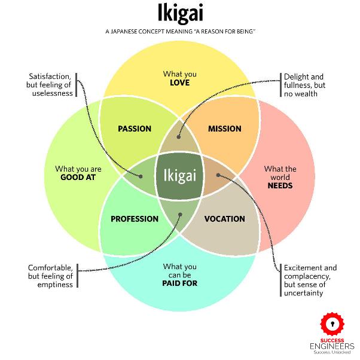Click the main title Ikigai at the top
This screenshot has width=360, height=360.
click(x=179, y=13)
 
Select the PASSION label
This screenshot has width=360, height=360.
click(x=135, y=129)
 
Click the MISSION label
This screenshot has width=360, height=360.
click(x=224, y=129)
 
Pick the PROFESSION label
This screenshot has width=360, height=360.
click(x=135, y=219)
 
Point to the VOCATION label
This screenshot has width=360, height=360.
click(x=224, y=219)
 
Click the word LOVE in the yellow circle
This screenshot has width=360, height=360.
click(x=179, y=83)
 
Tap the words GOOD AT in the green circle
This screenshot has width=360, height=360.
click(x=78, y=178)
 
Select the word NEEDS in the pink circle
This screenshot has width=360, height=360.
click(x=280, y=185)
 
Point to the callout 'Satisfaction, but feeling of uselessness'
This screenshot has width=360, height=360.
click(x=51, y=85)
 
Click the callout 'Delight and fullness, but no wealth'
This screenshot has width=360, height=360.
click(x=304, y=85)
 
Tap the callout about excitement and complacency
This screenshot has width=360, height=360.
click(x=311, y=280)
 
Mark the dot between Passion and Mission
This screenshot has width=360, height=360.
click(x=179, y=136)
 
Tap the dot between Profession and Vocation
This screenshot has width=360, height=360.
click(x=179, y=213)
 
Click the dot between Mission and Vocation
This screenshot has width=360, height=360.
click(x=218, y=175)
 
